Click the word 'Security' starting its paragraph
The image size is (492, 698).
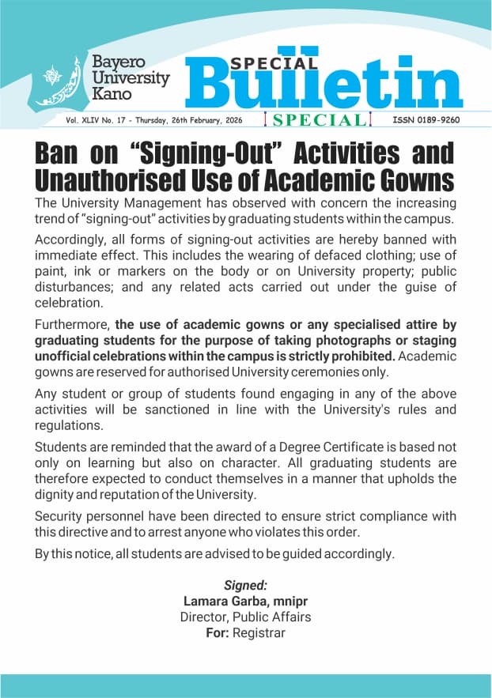tap(59, 516)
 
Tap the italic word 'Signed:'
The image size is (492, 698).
tap(245, 586)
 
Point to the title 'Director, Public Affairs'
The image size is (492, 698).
tap(245, 617)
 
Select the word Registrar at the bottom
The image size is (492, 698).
tap(259, 632)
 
